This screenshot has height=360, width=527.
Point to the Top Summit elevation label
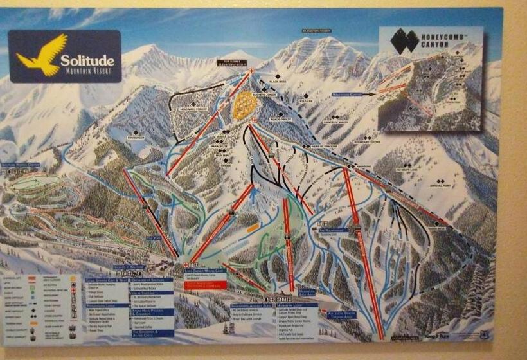(231, 63)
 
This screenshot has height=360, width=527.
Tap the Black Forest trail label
(281, 119)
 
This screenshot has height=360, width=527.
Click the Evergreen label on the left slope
(136, 137)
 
